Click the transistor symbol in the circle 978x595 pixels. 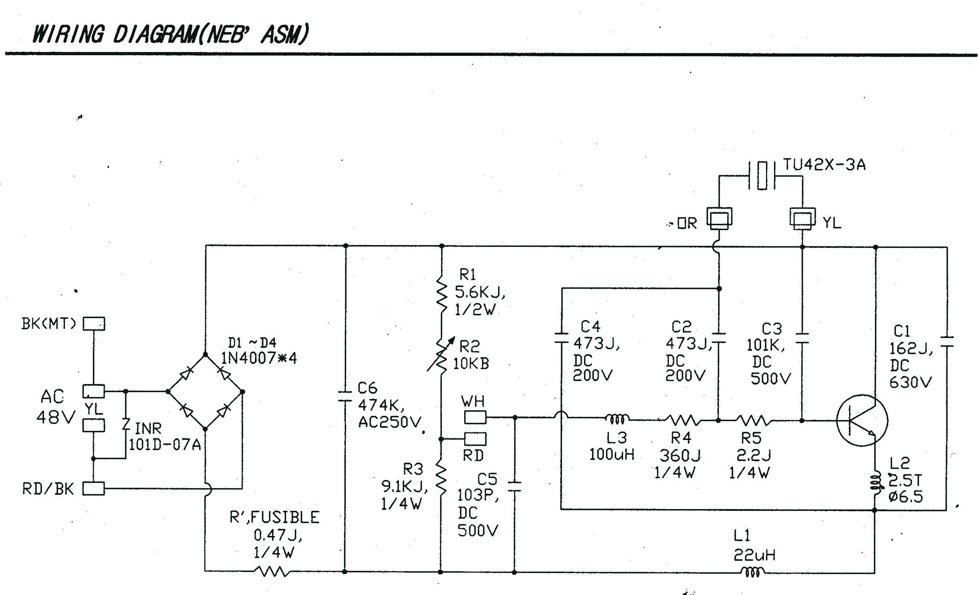click(862, 420)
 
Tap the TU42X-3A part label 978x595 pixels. click(824, 165)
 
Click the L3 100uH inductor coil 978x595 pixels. click(617, 419)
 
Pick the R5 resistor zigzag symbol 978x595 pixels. click(753, 420)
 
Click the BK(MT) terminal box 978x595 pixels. click(94, 324)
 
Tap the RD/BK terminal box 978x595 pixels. click(94, 489)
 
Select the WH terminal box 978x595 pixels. click(475, 417)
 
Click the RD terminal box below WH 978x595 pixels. click(475, 438)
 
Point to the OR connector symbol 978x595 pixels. click(719, 219)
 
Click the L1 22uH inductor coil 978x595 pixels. click(752, 571)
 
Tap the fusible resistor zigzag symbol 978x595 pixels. click(272, 571)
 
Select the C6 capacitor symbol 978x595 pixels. click(345, 396)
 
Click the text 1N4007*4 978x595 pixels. click(259, 358)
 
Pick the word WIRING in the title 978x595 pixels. click(67, 34)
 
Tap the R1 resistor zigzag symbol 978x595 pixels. click(442, 296)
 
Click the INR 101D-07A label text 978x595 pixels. click(164, 436)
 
